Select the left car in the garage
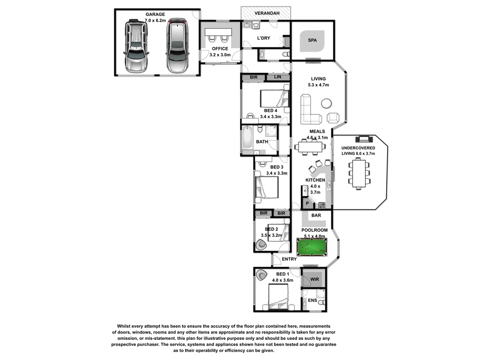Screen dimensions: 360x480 [x=135, y=46]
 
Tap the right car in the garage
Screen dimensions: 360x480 [x=177, y=46]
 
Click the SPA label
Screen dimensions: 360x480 [x=312, y=41]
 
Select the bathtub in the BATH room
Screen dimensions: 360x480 [x=247, y=140]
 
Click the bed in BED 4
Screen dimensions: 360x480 [x=274, y=99]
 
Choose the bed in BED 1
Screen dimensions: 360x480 [x=279, y=296]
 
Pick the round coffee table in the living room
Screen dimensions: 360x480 [x=326, y=103]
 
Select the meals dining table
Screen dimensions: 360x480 [x=310, y=147]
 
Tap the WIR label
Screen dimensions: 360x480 [x=314, y=279]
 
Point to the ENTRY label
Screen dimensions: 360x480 [x=289, y=259]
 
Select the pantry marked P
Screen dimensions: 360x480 [x=307, y=203]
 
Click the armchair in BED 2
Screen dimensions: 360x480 [x=260, y=244]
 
